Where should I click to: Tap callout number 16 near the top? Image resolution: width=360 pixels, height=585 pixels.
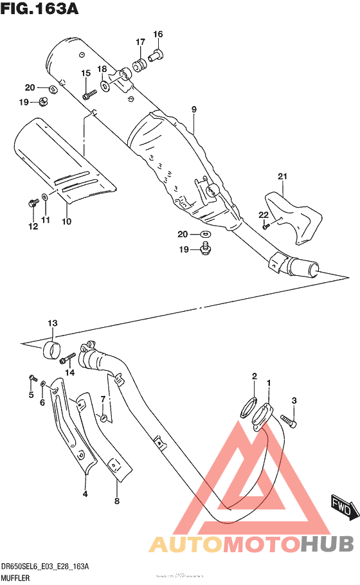click(158, 34)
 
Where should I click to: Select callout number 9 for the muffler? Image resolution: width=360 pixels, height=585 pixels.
click(194, 110)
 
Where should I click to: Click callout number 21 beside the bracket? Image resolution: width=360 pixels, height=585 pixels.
click(282, 177)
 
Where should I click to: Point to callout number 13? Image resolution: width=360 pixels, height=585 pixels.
click(52, 323)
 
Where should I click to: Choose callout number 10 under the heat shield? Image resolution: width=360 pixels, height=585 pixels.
click(66, 221)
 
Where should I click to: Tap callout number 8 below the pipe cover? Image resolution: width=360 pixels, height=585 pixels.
click(116, 501)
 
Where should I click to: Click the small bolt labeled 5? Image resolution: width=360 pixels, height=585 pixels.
click(31, 377)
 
